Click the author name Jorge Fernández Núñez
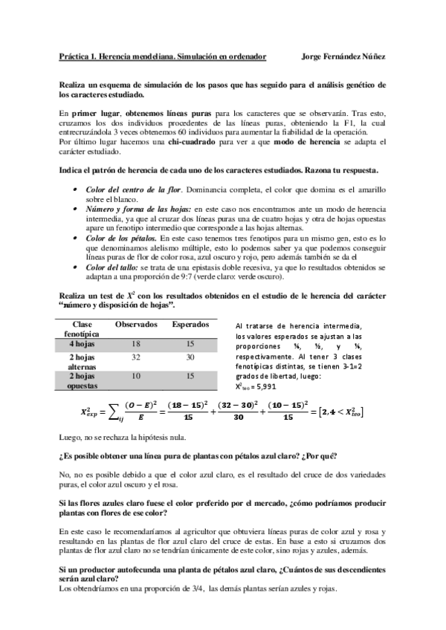tap(345, 56)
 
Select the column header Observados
tap(135, 325)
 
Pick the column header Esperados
tap(190, 325)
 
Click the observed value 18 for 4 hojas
tap(135, 344)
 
